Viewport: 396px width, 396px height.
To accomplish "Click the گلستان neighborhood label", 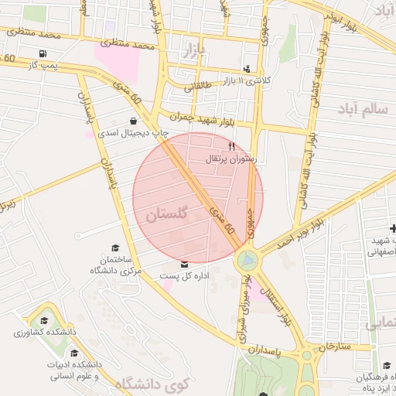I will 166,214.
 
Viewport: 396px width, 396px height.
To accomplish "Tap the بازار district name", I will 196,53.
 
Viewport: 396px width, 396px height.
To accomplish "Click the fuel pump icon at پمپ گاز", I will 42,53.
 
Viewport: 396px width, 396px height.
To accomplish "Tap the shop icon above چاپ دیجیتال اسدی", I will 135,121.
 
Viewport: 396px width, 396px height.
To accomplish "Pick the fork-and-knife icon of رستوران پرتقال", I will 230,146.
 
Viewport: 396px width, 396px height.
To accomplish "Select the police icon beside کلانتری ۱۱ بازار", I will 247,68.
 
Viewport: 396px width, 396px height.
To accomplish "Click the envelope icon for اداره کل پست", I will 183,265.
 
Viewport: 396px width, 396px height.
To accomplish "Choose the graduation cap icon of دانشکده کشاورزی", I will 44,320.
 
